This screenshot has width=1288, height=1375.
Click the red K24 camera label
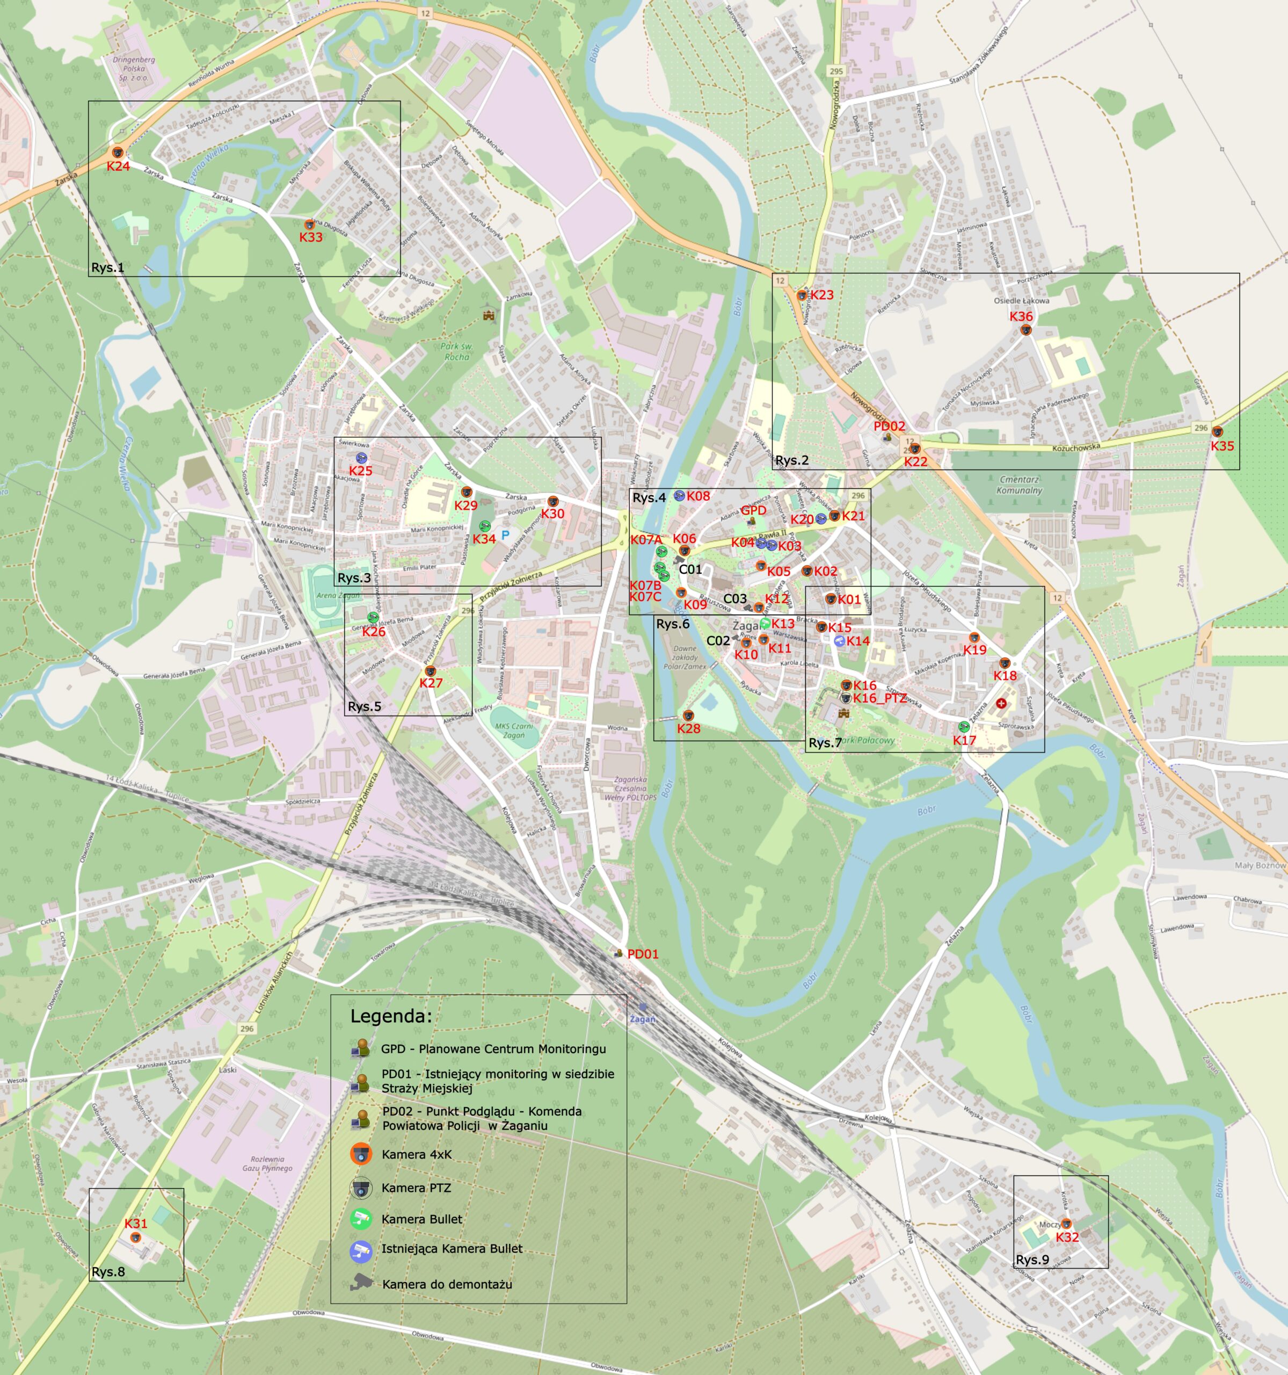[x=118, y=166]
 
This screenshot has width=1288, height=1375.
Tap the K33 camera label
[x=310, y=236]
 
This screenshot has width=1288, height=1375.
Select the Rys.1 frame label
[x=108, y=267]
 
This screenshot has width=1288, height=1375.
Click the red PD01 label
[x=642, y=954]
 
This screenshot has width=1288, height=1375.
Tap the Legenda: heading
[x=391, y=1016]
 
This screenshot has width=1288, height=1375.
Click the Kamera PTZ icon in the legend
[x=360, y=1188]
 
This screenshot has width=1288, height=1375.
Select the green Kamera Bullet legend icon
[x=360, y=1219]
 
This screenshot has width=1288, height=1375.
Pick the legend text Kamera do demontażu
[x=447, y=1284]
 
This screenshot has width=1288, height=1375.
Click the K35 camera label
[x=1221, y=446]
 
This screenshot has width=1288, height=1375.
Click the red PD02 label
[x=889, y=426]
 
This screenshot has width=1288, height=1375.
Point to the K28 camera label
[x=689, y=728]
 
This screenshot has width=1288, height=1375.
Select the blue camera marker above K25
[x=361, y=458]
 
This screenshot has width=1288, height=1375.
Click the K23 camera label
[x=821, y=295]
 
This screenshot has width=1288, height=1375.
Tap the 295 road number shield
[x=836, y=71]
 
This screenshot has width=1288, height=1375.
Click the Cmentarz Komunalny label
[x=1020, y=485]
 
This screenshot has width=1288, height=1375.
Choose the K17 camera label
[x=964, y=740]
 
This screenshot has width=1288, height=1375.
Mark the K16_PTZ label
[x=879, y=698]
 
